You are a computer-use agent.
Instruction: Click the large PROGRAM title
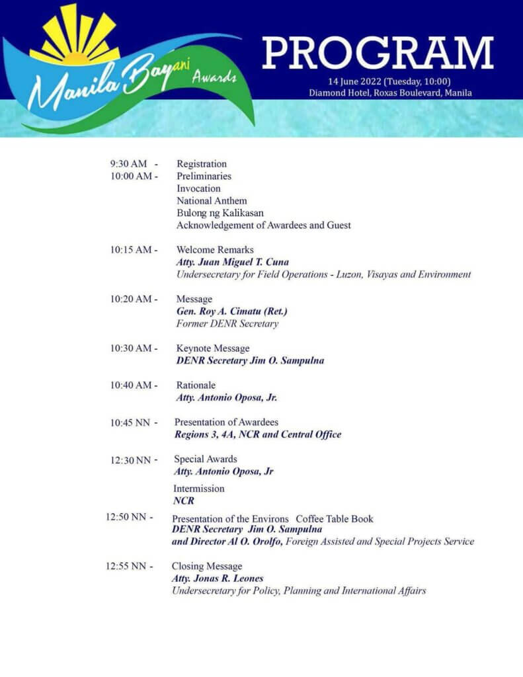point(378,54)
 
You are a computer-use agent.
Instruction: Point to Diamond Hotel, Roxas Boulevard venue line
point(390,93)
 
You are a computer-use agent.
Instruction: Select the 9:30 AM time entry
point(130,164)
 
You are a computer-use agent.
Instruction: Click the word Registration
point(201,164)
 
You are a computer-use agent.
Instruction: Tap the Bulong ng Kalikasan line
point(220,213)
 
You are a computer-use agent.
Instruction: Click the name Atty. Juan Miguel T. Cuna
point(232,262)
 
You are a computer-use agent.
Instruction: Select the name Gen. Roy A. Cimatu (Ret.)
point(231,311)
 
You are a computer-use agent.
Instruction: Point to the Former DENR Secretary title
point(227,324)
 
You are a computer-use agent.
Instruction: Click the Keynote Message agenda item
point(212,348)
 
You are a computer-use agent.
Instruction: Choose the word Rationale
point(196,385)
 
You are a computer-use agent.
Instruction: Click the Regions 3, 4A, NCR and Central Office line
point(258,434)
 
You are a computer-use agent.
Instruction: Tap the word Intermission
point(198,489)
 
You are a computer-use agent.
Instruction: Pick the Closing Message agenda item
point(207,567)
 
